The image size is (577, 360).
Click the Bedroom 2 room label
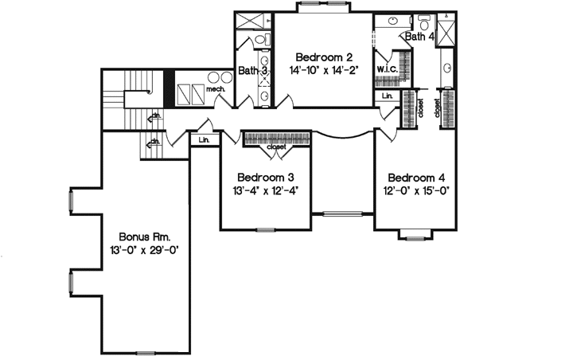point(323,57)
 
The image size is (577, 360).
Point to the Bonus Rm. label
point(145,237)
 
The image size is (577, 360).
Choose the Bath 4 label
point(419,37)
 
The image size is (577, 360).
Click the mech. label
point(216,89)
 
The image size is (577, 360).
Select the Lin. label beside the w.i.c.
point(388,96)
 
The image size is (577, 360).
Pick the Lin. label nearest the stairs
point(204,140)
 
